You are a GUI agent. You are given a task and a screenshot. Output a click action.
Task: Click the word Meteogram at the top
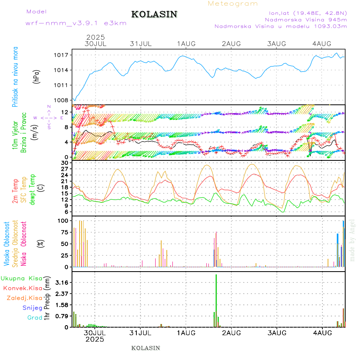[x=233, y=4]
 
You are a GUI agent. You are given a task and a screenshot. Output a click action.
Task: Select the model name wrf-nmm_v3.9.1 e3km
[x=76, y=23]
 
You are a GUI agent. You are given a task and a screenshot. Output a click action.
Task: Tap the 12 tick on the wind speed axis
[x=64, y=112]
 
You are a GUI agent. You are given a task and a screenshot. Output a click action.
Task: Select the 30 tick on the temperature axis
[x=64, y=163]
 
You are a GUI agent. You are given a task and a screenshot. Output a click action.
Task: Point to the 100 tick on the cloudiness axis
[x=63, y=221]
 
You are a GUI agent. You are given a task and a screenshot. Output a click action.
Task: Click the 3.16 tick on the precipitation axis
[x=61, y=282]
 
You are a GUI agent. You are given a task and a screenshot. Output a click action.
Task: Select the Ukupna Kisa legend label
[x=22, y=278]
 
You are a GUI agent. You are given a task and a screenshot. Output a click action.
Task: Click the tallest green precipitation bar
[x=216, y=300]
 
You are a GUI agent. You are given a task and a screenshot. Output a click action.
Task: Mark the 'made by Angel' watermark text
[x=352, y=240]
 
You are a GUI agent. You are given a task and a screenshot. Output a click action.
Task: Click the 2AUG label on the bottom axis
[x=232, y=332]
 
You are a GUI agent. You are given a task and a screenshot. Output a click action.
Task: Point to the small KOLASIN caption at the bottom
[x=146, y=348]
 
